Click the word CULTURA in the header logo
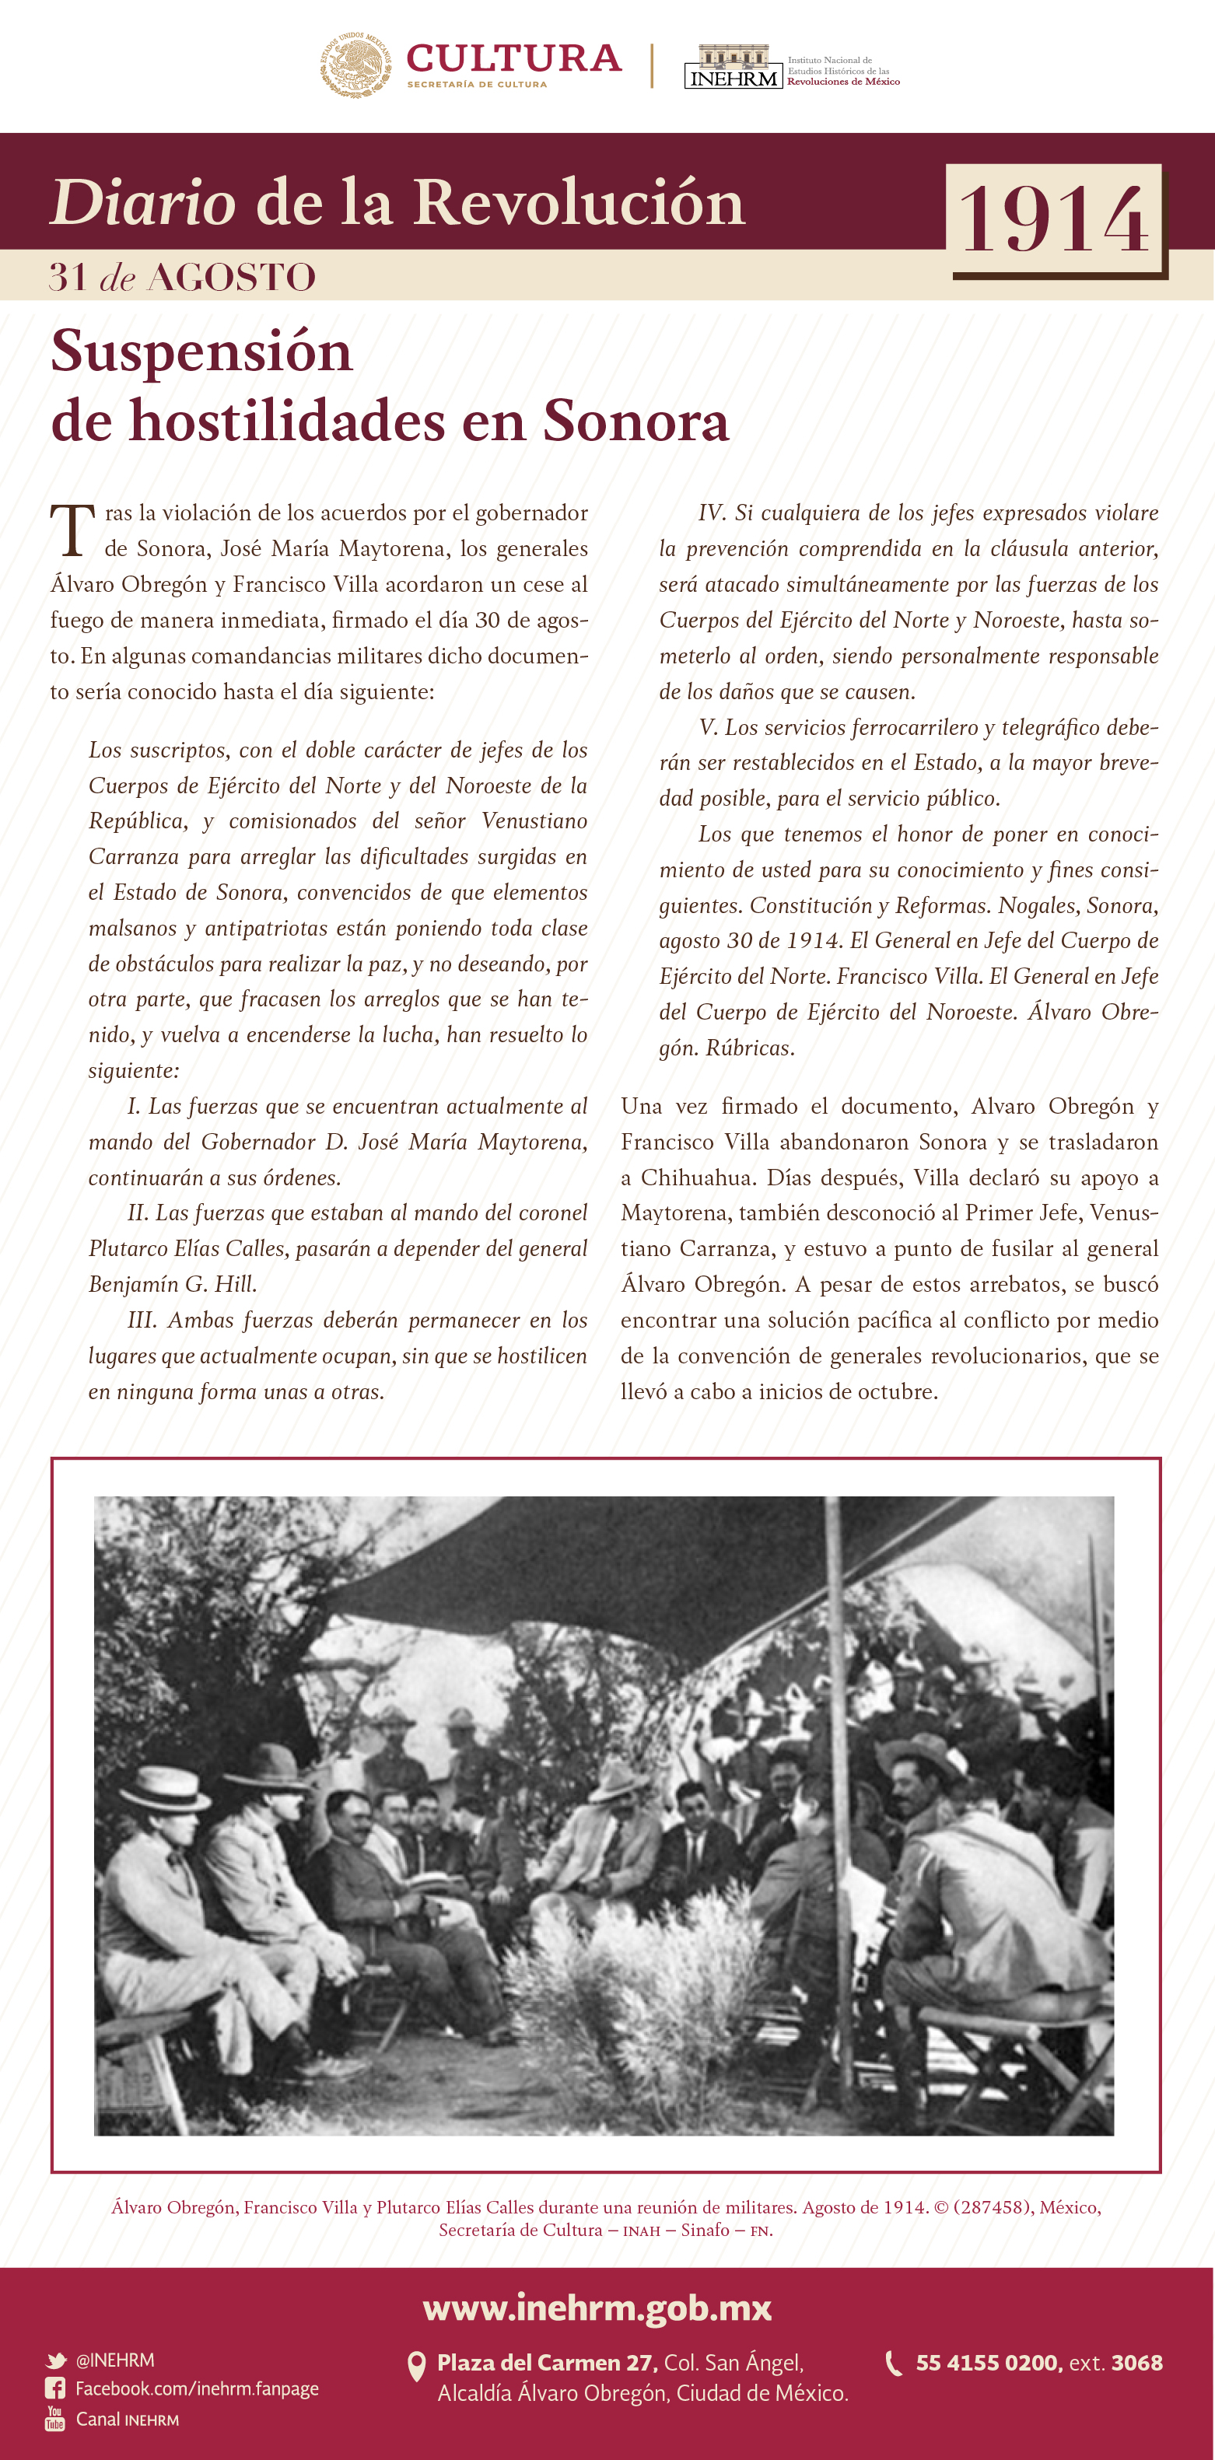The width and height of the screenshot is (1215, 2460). coord(514,58)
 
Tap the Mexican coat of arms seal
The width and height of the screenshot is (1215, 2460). coord(355,65)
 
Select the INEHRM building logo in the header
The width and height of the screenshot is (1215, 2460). coord(733,67)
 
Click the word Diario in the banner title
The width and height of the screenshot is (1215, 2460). coord(142,204)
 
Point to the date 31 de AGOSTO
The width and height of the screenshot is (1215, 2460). coord(181,277)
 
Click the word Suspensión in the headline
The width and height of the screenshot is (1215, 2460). coord(201,352)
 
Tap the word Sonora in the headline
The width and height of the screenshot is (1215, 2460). coord(636,421)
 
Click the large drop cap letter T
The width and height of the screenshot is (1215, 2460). coord(72,531)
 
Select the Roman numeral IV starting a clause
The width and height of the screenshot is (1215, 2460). coord(712,513)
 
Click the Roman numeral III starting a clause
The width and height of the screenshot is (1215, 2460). coord(142,1320)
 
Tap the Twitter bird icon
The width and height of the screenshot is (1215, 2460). coord(55,2360)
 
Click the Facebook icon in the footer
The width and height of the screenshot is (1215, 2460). coord(55,2388)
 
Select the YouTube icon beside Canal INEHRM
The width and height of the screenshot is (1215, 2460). coord(55,2419)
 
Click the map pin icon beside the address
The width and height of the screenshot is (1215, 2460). coord(416,2367)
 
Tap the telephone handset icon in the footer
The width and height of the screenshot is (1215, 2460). coord(893,2364)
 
